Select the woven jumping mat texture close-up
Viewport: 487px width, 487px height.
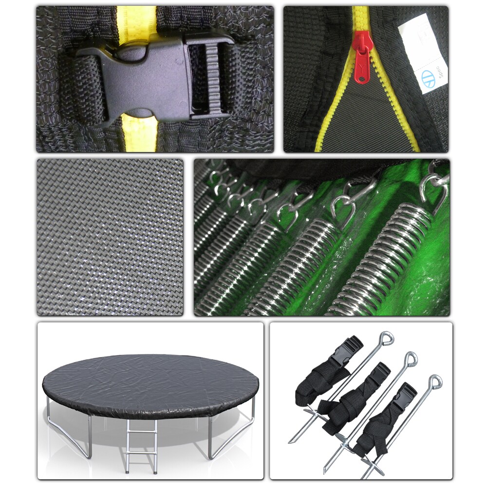point(110,237)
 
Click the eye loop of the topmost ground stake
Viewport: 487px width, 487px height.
point(387,337)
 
